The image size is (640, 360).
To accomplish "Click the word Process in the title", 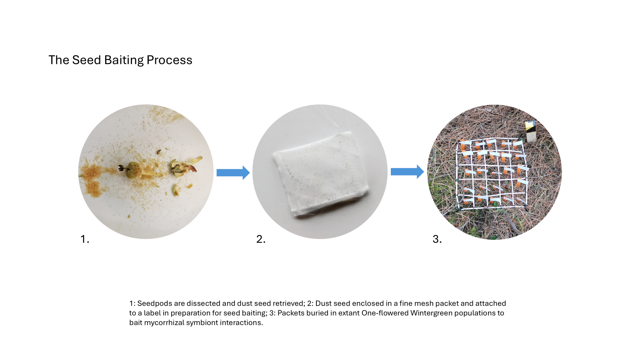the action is (170, 60).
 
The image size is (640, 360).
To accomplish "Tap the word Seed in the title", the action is (86, 60).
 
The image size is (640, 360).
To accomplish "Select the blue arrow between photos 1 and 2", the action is (233, 172).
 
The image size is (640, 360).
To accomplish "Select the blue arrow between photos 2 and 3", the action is (408, 172).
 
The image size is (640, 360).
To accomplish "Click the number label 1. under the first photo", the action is (84, 239).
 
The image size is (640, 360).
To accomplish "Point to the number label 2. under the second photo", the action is (261, 239).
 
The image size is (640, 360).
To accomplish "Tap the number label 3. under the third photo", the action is (437, 239).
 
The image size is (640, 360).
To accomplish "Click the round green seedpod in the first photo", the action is (134, 169).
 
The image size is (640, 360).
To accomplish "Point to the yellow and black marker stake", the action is (530, 131).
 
